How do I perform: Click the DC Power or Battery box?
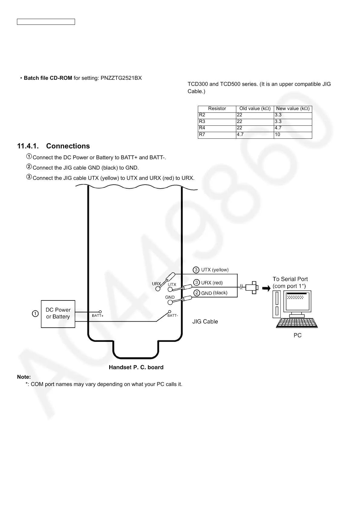[x=58, y=314]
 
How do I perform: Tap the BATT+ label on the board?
[x=98, y=316]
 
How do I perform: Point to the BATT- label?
[x=172, y=316]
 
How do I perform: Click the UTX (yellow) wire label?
[x=215, y=270]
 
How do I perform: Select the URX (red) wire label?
[x=212, y=283]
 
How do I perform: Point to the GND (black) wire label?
[x=214, y=293]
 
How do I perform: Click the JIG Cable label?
[x=205, y=322]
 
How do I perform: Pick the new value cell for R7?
[x=293, y=135]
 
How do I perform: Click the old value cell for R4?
[x=255, y=128]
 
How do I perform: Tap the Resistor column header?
[x=217, y=109]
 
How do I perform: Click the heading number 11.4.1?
[x=29, y=146]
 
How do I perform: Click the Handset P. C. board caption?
[x=136, y=367]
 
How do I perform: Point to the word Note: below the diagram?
[x=24, y=377]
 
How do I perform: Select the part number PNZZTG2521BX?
[x=121, y=78]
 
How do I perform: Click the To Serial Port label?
[x=290, y=279]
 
